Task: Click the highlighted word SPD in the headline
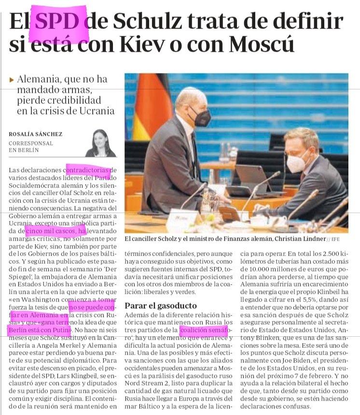58,22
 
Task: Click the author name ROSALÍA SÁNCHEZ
36,134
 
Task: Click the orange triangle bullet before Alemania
12,80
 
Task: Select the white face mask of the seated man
295,161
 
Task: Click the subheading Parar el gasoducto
160,305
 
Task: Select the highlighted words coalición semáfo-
203,330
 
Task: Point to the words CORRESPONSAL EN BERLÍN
31,147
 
